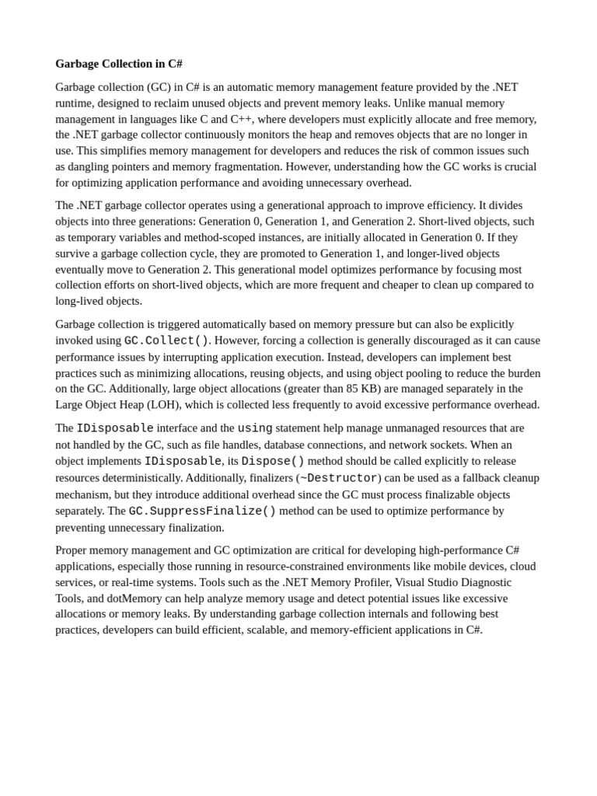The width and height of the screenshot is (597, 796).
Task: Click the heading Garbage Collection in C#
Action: [x=119, y=64]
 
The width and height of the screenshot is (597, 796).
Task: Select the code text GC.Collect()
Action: [x=166, y=340]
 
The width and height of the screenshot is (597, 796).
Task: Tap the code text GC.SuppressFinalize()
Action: [x=202, y=511]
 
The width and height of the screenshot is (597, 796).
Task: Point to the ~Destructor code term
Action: [x=338, y=478]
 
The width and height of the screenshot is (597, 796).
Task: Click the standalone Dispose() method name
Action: [x=273, y=461]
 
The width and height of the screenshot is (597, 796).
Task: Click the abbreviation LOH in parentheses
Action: [x=162, y=404]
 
